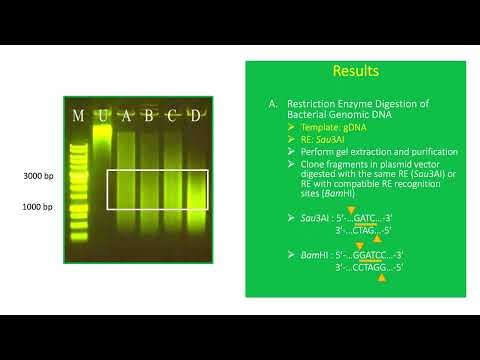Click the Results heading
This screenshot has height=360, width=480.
(x=356, y=73)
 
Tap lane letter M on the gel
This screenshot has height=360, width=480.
(x=79, y=115)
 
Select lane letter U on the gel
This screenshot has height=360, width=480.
(x=101, y=115)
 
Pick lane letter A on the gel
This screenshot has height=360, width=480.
(x=126, y=115)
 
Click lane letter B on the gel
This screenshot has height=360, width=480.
(x=149, y=115)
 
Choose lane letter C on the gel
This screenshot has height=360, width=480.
(x=173, y=115)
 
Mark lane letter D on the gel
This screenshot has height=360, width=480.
(x=197, y=115)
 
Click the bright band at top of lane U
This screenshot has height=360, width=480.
(x=101, y=128)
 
